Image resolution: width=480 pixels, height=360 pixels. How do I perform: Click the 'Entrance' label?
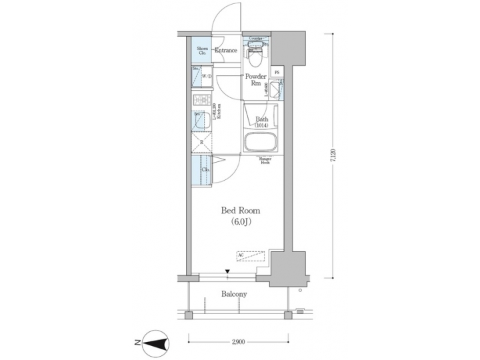coord(225,51)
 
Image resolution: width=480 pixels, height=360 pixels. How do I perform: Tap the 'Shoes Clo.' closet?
coord(201,51)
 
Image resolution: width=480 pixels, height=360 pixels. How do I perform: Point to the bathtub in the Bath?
coord(261,143)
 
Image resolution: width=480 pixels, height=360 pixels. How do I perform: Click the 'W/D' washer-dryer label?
coord(207,77)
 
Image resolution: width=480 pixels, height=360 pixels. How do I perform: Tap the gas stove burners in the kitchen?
coord(200,101)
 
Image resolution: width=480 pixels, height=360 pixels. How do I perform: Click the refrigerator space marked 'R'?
coord(201,142)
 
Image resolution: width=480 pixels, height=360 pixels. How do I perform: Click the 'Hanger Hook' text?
coord(263,160)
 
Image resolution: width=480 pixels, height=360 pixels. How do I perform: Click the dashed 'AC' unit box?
coord(251,255)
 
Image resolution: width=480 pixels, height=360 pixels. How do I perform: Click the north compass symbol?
coord(153,343)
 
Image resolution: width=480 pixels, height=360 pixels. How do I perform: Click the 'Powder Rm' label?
coord(255,80)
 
